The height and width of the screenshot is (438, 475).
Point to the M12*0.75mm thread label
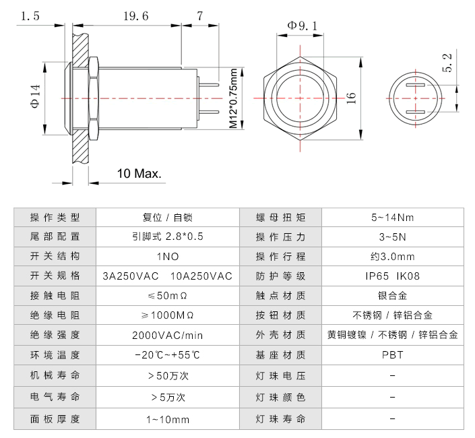233,98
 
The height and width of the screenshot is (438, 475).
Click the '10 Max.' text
139,173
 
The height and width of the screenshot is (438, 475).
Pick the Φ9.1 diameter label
303,25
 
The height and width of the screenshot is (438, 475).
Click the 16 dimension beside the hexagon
350,98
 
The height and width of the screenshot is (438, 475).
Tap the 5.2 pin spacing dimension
447,64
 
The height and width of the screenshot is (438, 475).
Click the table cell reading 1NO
167,257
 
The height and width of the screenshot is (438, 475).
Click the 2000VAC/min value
167,335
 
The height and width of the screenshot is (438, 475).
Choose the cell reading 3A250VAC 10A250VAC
167,276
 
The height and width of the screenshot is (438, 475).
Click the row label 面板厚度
55,419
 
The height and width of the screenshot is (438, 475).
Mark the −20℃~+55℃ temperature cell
167,354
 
